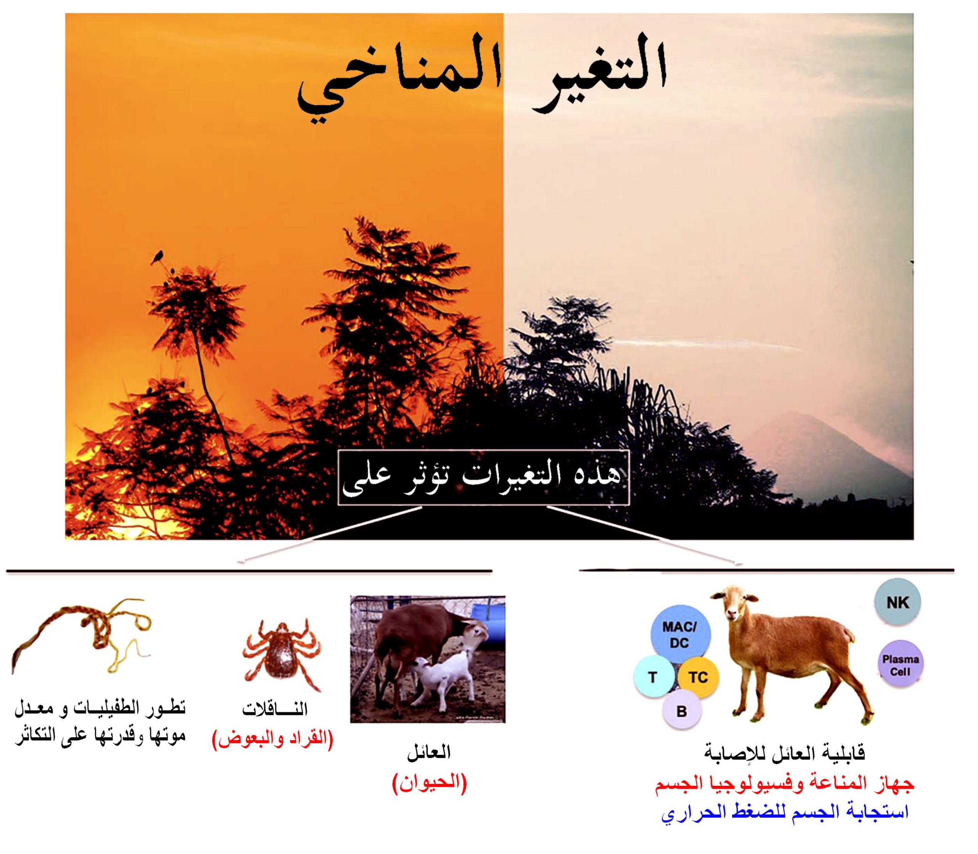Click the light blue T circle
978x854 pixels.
click(x=653, y=677)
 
